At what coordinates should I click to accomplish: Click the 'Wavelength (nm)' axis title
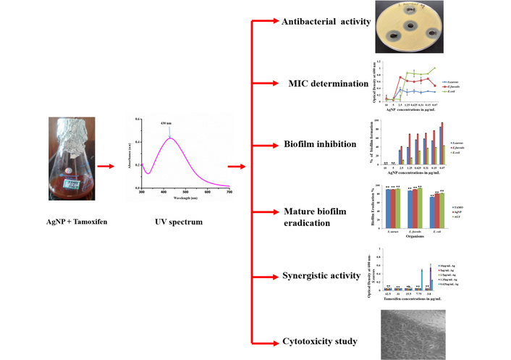[185, 198]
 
